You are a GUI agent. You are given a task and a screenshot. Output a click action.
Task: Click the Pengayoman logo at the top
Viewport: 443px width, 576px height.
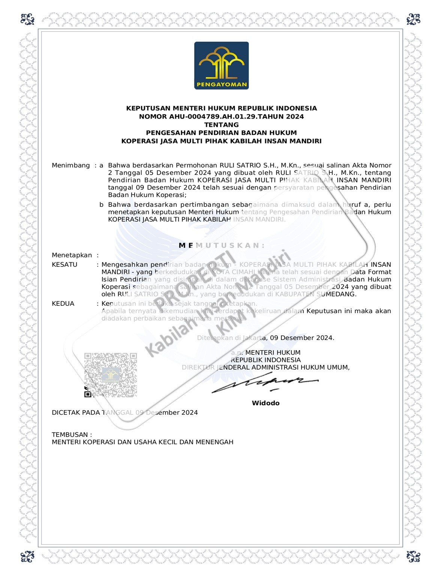[x=221, y=66]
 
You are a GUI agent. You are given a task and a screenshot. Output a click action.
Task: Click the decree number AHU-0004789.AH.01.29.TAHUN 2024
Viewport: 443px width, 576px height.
[x=221, y=116]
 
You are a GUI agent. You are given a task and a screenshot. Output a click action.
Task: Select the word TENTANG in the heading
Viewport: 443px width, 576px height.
[x=221, y=125]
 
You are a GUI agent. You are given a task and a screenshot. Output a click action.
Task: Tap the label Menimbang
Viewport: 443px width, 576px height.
[x=71, y=165]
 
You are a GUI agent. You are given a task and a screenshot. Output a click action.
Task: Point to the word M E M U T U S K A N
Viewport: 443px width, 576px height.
[x=222, y=245]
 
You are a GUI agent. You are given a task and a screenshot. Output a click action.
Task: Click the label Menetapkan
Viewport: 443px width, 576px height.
[x=72, y=255]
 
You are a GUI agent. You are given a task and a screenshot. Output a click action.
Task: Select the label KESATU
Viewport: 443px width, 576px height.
[x=65, y=265]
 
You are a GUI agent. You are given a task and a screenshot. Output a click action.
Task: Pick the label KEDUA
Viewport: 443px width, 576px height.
[x=63, y=304]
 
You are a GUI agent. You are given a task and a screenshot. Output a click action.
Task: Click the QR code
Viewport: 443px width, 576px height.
[x=110, y=375]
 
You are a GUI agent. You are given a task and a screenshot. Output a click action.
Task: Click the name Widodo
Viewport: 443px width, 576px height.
[x=266, y=403]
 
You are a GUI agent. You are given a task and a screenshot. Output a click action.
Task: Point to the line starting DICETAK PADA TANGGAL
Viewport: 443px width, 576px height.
[x=125, y=412]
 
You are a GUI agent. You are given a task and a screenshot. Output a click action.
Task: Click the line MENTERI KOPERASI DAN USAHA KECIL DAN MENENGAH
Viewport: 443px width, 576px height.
[x=143, y=442]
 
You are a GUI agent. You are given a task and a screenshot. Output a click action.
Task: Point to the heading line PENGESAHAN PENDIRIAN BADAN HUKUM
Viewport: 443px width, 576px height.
[x=221, y=133]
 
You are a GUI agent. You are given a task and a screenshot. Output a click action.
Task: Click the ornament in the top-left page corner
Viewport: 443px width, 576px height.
[x=28, y=19]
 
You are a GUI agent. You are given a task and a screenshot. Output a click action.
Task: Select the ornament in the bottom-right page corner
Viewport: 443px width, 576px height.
[x=413, y=556]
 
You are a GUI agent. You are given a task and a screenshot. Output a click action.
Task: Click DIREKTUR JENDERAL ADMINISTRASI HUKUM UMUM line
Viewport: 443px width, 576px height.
[x=266, y=367]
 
